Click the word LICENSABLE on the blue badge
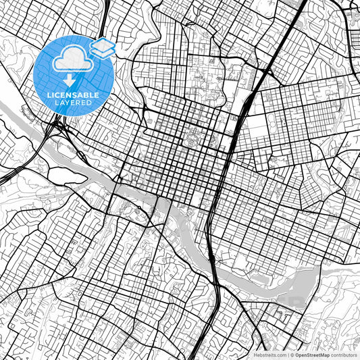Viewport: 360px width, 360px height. (x=73, y=95)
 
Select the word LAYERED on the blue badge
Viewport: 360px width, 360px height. (x=73, y=103)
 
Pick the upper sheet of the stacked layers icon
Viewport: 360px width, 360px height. (x=103, y=45)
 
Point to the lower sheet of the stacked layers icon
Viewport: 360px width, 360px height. (x=103, y=52)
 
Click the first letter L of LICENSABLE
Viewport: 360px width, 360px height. (x=49, y=95)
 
